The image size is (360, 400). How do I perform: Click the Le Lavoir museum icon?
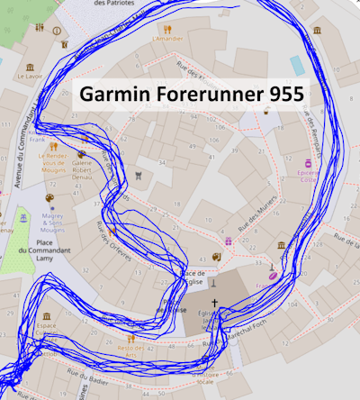[x=31, y=67]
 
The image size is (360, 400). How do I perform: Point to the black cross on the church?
[x=214, y=305]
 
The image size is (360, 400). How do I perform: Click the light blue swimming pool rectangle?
[x=297, y=64]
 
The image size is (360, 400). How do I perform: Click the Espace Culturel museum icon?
[x=46, y=317]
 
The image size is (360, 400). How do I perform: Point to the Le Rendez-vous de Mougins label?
[x=54, y=161]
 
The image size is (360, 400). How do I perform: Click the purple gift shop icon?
[x=229, y=241]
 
